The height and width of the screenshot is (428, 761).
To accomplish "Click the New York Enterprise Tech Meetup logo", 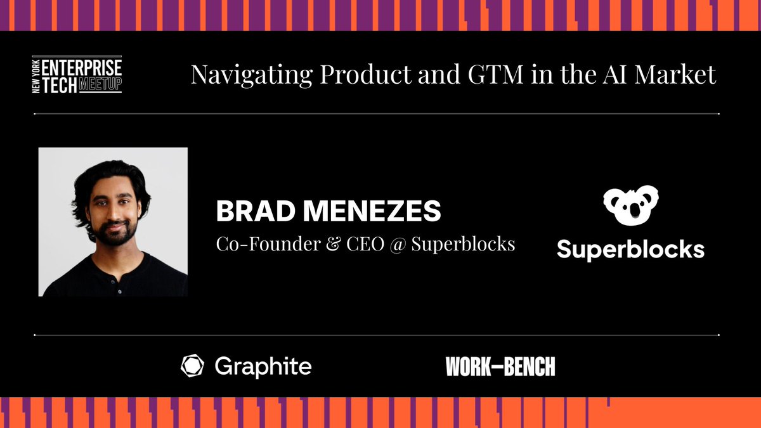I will pyautogui.click(x=77, y=75).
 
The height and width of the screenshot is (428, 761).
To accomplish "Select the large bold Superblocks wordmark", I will pyautogui.click(x=630, y=249).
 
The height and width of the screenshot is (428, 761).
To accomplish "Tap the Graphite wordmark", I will pyautogui.click(x=263, y=366).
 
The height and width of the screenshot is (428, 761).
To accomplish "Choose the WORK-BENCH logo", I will pyautogui.click(x=500, y=366).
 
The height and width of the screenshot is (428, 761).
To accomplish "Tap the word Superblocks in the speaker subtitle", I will pyautogui.click(x=463, y=243).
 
